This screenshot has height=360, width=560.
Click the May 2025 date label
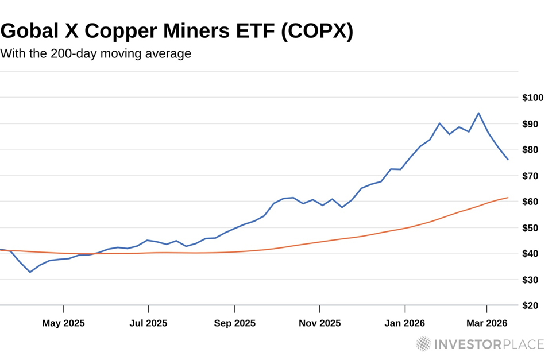63,323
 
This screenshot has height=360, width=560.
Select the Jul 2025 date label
148,323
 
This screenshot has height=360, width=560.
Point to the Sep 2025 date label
234,323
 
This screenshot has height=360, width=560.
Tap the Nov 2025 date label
319,323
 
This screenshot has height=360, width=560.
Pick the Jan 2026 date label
405,323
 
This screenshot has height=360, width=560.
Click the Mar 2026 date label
487,323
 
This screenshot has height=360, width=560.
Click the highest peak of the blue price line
478,113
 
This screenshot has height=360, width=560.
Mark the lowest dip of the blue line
30,272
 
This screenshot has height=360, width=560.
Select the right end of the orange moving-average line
508,198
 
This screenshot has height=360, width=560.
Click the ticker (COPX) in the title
316,32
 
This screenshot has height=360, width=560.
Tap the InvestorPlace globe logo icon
423,344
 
